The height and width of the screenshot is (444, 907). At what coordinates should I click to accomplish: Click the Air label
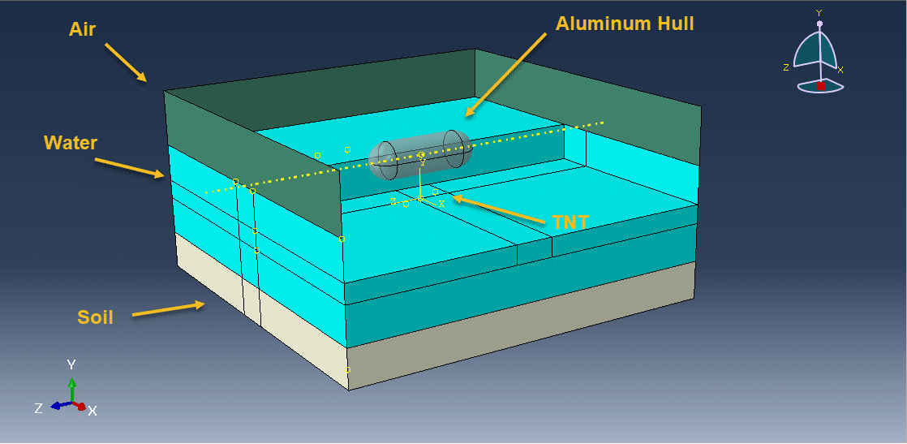[82, 30]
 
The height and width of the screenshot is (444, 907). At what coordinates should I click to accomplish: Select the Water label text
[71, 143]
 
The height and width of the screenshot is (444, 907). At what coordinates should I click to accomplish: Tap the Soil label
[95, 317]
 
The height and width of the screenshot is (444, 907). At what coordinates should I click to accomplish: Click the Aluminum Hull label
[625, 24]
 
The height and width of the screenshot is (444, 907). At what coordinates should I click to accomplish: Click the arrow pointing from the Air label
[126, 62]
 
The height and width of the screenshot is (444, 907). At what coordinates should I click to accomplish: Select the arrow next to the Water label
[130, 167]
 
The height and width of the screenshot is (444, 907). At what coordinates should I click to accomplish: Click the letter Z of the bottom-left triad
[38, 409]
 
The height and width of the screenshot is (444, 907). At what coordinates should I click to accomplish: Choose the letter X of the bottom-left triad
[92, 411]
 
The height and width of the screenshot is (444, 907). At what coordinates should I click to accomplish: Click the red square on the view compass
[821, 85]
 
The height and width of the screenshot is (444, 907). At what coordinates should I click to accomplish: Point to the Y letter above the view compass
[819, 13]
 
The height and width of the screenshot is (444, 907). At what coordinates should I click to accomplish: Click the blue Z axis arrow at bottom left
[58, 405]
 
